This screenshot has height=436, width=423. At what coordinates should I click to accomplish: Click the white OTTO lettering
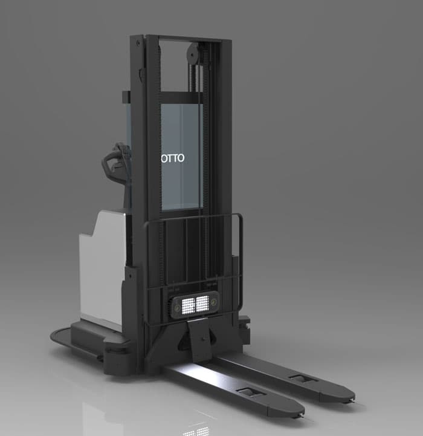point(173,158)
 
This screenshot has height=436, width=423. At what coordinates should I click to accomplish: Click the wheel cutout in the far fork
point(300,379)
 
